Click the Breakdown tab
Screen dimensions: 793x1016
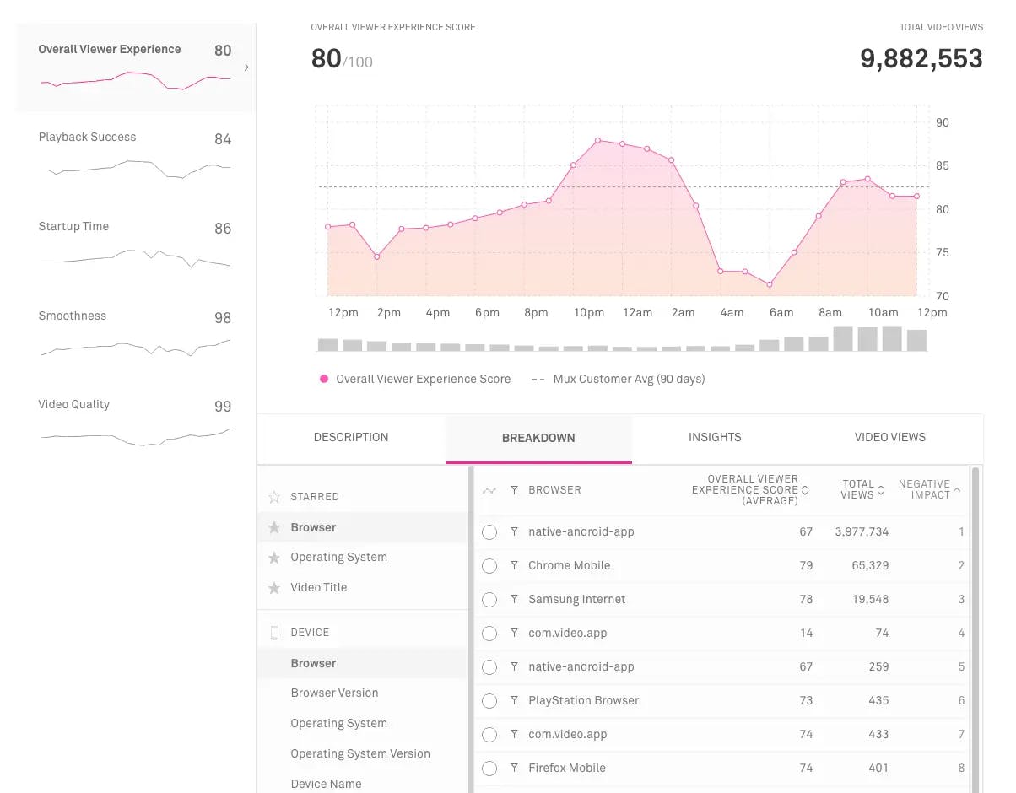coord(538,438)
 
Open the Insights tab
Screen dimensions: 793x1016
coord(715,437)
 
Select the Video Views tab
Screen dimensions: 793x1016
coord(890,437)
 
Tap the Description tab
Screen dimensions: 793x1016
coord(351,437)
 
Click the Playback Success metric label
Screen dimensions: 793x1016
coord(87,137)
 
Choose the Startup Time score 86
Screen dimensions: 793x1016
coord(223,229)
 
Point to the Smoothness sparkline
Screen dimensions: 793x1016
coord(135,347)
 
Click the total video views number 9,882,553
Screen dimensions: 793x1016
coord(921,58)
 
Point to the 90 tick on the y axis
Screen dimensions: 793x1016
coord(943,122)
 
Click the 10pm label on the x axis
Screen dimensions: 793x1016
coord(589,312)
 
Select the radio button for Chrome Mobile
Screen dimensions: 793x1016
coord(489,566)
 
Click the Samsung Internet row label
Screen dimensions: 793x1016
coord(577,599)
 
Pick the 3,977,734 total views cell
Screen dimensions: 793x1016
coord(862,531)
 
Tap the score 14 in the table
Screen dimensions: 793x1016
coord(806,633)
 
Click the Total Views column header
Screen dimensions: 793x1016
coord(858,490)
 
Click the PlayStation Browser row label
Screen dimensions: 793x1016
coord(584,700)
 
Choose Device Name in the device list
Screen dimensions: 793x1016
coord(326,784)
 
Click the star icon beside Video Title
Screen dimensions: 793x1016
coord(274,588)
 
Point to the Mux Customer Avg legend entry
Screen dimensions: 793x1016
coord(628,379)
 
